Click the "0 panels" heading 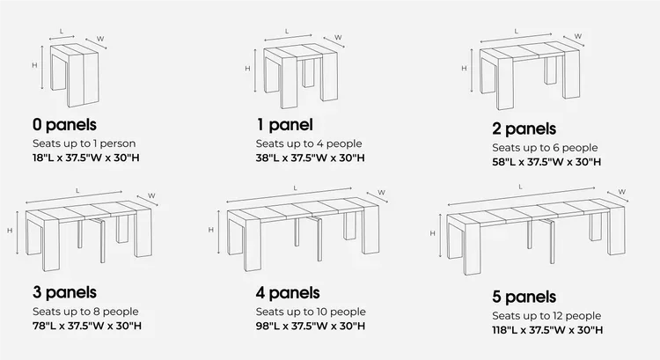[x=63, y=125]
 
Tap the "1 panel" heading [x=284, y=125]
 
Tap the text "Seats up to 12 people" [x=546, y=315]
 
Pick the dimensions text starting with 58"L [x=547, y=162]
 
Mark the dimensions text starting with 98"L [x=311, y=326]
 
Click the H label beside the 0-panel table [x=34, y=65]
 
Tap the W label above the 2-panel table [x=578, y=36]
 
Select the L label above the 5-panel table [x=521, y=186]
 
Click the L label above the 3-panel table [x=78, y=190]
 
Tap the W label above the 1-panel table [x=338, y=38]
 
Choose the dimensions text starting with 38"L [x=311, y=158]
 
